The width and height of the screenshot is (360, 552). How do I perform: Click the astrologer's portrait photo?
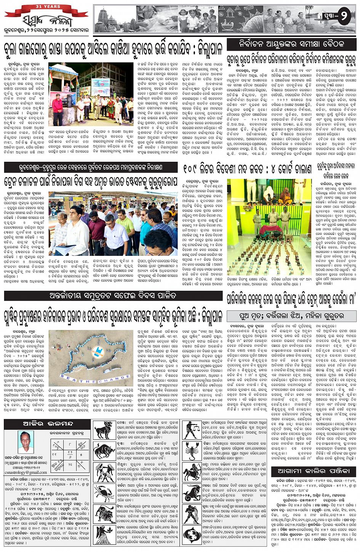[x=26, y=442]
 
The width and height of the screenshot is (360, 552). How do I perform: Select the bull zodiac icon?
[x=104, y=451]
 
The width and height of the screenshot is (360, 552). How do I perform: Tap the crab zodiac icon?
[x=104, y=493]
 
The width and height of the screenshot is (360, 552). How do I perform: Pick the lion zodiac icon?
[x=104, y=514]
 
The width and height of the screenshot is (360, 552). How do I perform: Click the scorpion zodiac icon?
[x=192, y=451]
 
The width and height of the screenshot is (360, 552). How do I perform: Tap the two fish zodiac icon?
[x=192, y=536]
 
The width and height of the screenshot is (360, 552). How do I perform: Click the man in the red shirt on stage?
[x=58, y=110]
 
